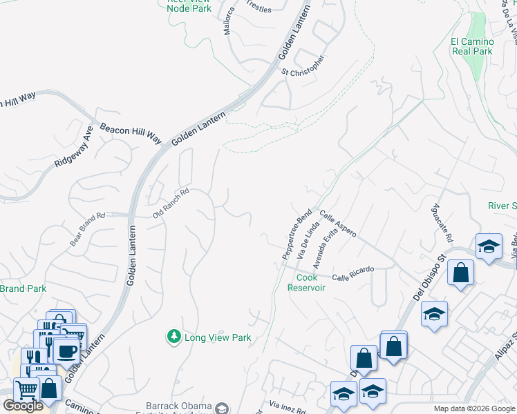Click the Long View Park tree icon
(x=173, y=337)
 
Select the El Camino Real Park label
(x=472, y=46)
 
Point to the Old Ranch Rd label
(x=171, y=204)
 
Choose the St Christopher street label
(x=303, y=66)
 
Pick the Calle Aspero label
(x=337, y=224)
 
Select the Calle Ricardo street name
(x=352, y=273)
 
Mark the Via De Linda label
(x=308, y=241)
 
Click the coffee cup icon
(x=67, y=351)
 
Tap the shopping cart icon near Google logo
(x=26, y=388)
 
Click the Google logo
(x=23, y=406)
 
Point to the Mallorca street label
(x=229, y=21)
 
